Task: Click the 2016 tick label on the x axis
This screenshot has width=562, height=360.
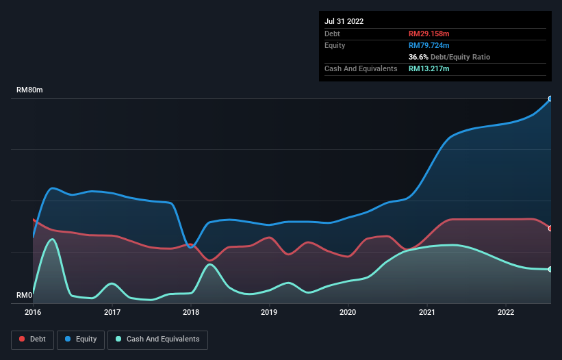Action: pos(33,312)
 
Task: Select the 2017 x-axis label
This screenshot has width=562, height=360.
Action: pos(112,312)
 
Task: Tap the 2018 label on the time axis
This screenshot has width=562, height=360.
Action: pos(191,312)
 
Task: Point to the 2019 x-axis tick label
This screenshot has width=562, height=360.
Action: pos(270,312)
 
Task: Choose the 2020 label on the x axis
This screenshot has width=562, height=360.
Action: pos(348,312)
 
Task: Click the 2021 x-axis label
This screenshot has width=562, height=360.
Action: pos(427,312)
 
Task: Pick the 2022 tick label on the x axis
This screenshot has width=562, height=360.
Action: pos(506,312)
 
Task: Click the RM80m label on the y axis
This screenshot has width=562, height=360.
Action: pos(29,90)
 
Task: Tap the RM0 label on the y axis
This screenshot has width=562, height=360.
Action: pos(24,296)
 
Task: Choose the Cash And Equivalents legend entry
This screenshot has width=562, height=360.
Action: pos(157,339)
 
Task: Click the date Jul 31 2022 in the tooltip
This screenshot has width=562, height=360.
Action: pos(344,21)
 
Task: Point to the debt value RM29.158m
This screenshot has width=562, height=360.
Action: pos(429,34)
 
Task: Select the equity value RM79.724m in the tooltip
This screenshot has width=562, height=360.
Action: pos(429,45)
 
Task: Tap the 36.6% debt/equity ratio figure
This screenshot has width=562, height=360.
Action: pos(418,57)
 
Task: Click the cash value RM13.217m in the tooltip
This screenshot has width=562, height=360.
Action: pos(429,68)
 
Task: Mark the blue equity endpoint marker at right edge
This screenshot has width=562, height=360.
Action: pos(550,99)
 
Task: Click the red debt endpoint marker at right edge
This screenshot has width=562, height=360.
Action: pos(550,229)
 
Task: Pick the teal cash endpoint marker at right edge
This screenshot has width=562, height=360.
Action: pos(550,269)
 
